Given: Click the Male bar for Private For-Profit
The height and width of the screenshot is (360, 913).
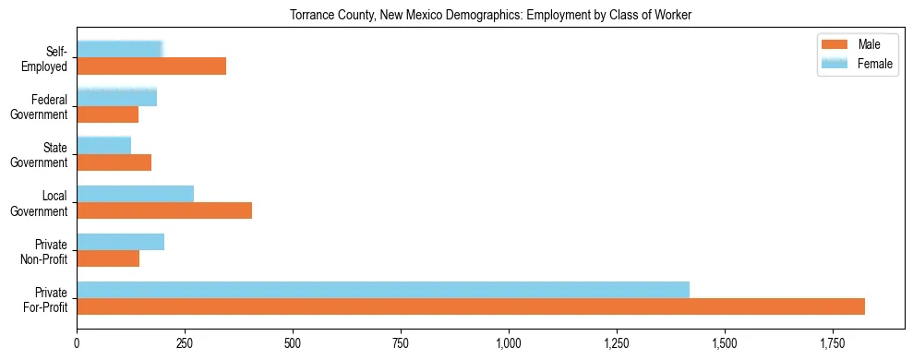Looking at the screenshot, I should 471,306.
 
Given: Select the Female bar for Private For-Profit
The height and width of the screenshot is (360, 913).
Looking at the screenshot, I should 383,289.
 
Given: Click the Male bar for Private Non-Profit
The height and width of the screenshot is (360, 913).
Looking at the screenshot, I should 108,258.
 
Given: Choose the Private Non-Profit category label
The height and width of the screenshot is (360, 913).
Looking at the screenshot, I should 51,251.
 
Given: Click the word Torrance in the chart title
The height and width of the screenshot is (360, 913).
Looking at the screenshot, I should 314,15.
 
